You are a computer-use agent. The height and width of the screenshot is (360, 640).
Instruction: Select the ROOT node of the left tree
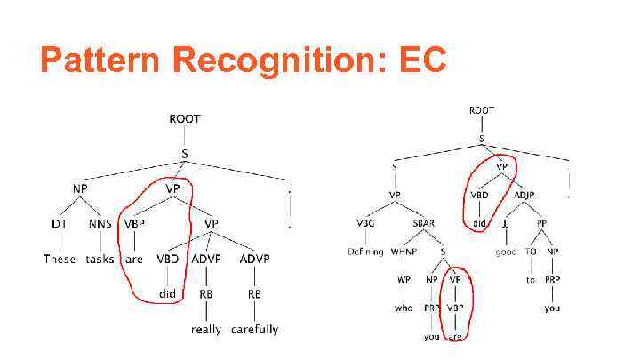click(x=185, y=119)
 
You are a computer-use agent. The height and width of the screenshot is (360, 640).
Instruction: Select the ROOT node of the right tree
click(x=482, y=110)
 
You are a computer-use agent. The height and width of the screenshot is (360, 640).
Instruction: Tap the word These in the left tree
click(x=60, y=260)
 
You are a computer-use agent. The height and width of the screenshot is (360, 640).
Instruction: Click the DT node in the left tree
click(x=60, y=225)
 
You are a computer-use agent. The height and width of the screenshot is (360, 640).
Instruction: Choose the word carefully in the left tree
click(x=254, y=330)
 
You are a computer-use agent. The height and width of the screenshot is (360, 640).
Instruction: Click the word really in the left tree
click(x=206, y=330)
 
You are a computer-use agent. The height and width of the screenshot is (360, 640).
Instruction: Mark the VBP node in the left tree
click(x=134, y=225)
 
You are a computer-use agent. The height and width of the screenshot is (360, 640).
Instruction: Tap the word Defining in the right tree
click(x=364, y=252)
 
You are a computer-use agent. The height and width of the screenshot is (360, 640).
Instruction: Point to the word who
click(x=404, y=308)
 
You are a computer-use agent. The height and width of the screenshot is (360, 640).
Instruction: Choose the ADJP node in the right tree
click(x=524, y=195)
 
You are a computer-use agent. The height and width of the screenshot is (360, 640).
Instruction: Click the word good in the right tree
click(x=507, y=252)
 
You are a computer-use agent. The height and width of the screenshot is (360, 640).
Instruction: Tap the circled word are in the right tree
click(x=455, y=337)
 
